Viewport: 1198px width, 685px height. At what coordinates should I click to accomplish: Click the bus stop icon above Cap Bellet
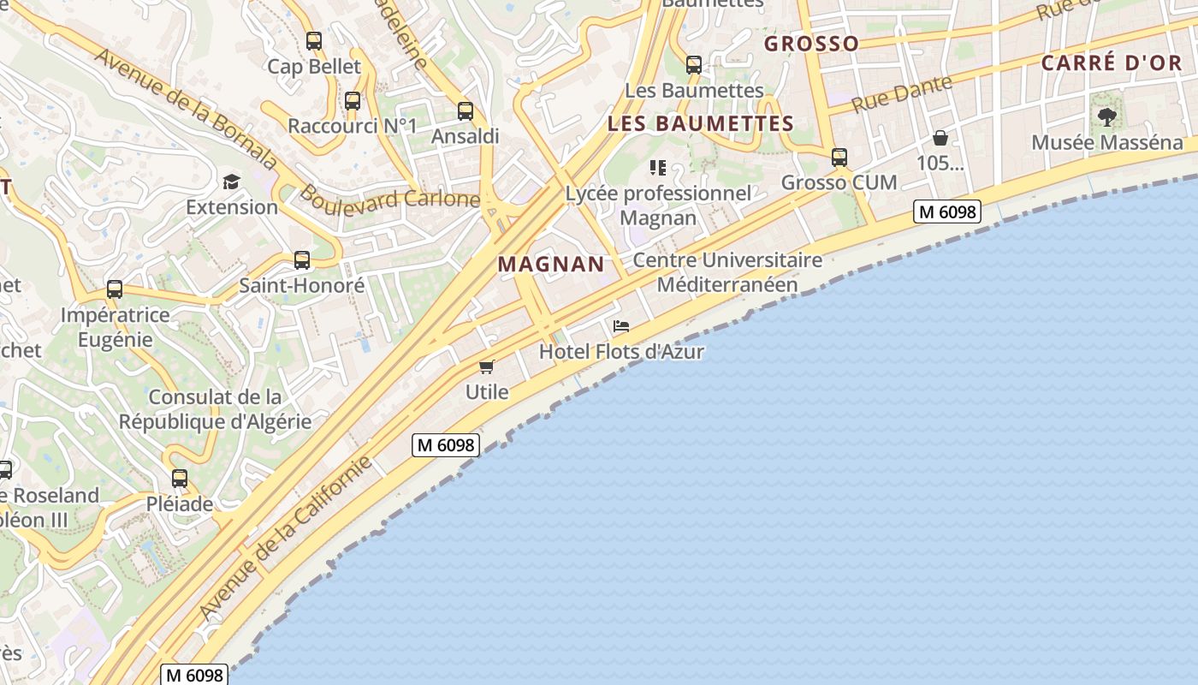click(x=314, y=40)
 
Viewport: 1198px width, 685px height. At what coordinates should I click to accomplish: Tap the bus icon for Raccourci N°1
click(x=353, y=101)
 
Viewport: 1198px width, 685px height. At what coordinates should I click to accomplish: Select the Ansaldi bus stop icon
click(x=466, y=110)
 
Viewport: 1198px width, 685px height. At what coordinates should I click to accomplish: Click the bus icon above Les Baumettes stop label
click(x=694, y=64)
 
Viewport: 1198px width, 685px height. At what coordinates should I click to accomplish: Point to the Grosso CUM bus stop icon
click(x=839, y=157)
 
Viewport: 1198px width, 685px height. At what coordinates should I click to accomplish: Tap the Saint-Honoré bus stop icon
click(x=302, y=260)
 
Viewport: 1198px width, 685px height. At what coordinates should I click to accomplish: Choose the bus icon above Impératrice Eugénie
click(x=115, y=289)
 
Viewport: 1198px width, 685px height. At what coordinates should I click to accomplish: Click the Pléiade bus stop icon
click(x=180, y=479)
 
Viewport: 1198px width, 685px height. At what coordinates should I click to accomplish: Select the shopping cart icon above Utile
click(x=487, y=366)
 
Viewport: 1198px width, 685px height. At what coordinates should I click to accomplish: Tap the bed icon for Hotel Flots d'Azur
click(x=621, y=326)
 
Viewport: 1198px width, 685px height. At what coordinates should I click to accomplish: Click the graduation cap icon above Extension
click(x=232, y=182)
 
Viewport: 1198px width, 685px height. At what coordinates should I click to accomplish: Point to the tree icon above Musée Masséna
click(x=1107, y=117)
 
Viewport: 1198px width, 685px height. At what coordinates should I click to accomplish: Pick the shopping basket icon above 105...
click(x=940, y=138)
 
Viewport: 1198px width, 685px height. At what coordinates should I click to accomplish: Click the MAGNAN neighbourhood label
click(x=551, y=264)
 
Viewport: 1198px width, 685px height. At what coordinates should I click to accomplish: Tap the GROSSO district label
click(x=811, y=44)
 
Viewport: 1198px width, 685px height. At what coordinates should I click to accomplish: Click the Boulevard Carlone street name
click(x=389, y=198)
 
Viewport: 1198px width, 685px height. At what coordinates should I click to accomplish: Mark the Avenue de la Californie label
click(x=286, y=537)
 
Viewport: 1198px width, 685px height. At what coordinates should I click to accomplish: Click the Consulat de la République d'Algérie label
click(x=215, y=409)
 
